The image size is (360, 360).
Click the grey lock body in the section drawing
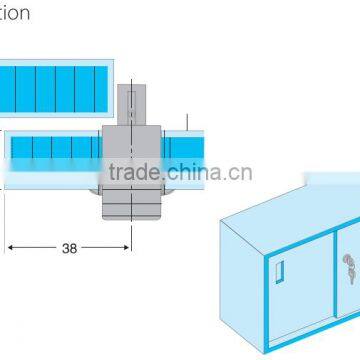[131, 160]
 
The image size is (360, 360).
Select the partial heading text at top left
[15, 13]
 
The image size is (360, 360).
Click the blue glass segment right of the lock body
[184, 150]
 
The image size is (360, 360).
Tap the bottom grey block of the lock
[131, 206]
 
